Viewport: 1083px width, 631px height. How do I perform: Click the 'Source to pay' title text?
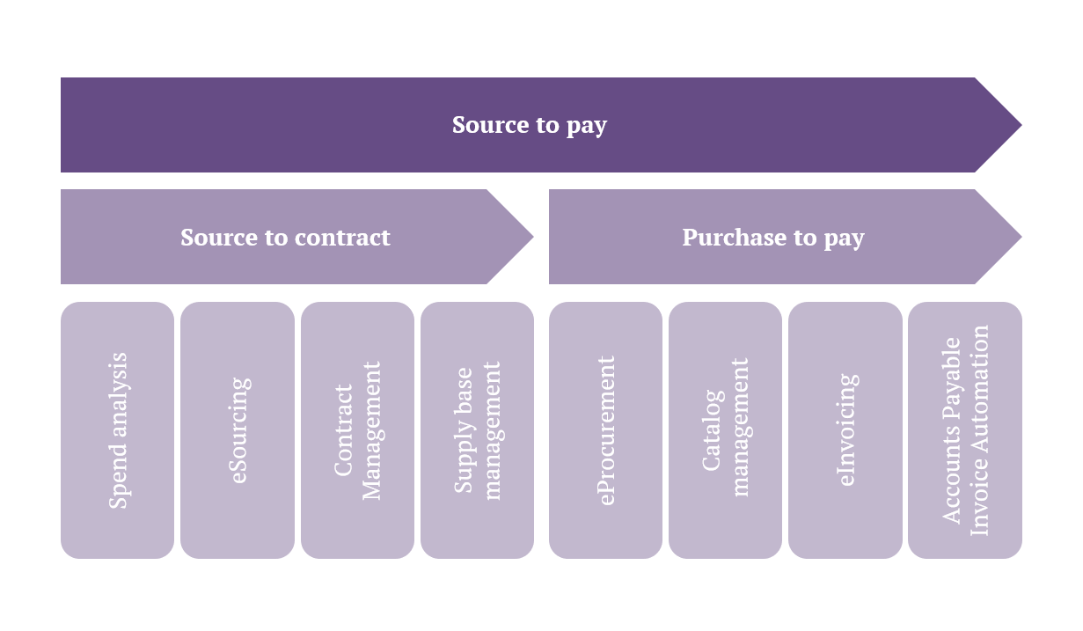pyautogui.click(x=529, y=125)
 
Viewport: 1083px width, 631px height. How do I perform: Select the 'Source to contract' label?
pyautogui.click(x=285, y=238)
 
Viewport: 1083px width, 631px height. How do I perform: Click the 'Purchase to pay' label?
pyautogui.click(x=773, y=238)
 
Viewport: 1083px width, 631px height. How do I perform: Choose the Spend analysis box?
pyautogui.click(x=117, y=430)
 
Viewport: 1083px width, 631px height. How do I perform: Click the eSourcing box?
pyautogui.click(x=238, y=430)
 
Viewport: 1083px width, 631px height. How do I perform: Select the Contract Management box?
pyautogui.click(x=357, y=430)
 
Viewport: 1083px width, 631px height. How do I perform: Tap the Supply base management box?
pyautogui.click(x=477, y=430)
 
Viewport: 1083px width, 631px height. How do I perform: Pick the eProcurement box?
pyautogui.click(x=605, y=430)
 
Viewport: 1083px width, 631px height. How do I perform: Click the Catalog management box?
pyautogui.click(x=725, y=430)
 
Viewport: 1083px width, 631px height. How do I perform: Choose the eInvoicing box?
pyautogui.click(x=845, y=430)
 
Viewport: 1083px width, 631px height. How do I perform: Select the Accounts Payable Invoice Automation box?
pyautogui.click(x=965, y=430)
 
